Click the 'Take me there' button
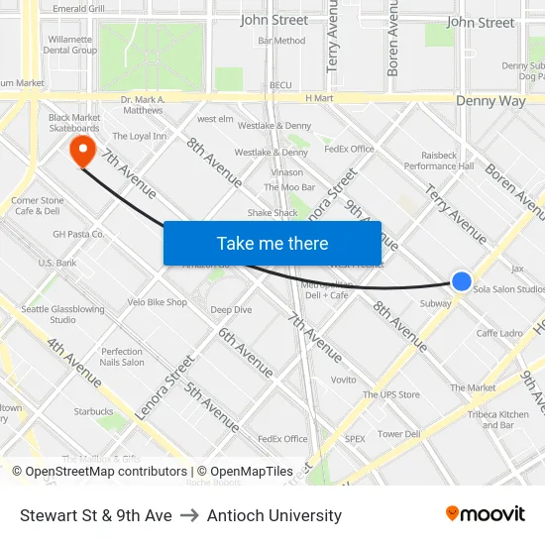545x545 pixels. pos(272,243)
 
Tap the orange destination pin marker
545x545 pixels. pos(81,151)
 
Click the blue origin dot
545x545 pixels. pos(462,281)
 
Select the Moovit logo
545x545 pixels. pos(485,514)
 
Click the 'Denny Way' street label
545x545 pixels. pos(490,101)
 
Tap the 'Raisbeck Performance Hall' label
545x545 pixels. pos(439,161)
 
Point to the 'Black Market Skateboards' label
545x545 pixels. pos(74,122)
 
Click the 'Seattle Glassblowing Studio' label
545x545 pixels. pos(62,314)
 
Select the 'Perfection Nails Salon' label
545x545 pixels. pos(122,357)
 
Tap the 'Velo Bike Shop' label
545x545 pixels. pos(157,302)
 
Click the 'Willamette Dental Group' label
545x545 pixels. pos(70,45)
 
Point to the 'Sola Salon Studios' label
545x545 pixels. pos(508,289)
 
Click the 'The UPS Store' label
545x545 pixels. pos(390,394)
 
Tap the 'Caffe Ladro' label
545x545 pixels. pos(499,334)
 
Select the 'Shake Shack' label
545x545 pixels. pos(272,213)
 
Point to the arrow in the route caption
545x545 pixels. pos(188,515)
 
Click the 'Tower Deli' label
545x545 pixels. pos(398,434)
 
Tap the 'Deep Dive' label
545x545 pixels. pos(231,310)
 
